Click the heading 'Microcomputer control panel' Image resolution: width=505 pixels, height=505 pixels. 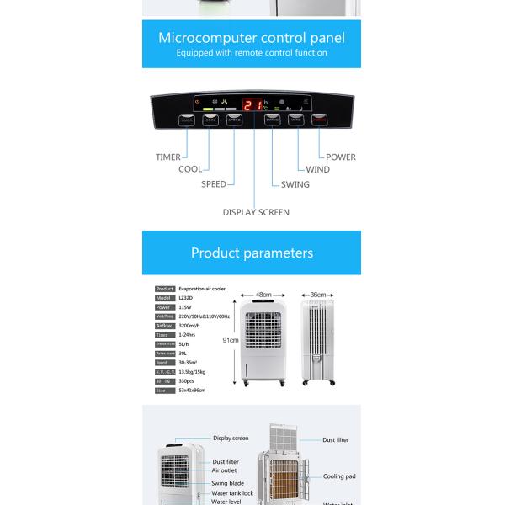tap(252, 37)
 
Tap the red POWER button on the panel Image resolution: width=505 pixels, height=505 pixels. tap(321, 120)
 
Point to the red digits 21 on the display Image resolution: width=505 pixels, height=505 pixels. tap(252, 105)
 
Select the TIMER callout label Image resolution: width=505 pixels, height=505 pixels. tap(167, 157)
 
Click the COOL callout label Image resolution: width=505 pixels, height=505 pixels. tap(190, 169)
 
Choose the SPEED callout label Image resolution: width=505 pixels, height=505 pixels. tap(213, 184)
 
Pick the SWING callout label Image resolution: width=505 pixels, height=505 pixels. tap(295, 184)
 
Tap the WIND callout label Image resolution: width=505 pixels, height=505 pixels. tap(317, 169)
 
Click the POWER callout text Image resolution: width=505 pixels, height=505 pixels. tap(341, 157)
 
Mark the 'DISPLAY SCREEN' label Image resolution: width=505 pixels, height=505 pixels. tap(256, 212)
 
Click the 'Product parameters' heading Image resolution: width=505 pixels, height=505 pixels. tap(252, 252)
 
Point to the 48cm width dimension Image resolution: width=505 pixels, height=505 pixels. tap(263, 295)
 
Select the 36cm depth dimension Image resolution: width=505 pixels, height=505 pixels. tap(318, 295)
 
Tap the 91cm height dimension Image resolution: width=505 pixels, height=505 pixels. tap(230, 340)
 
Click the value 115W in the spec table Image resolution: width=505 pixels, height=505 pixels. tap(185, 307)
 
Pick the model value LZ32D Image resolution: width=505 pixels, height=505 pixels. tap(186, 298)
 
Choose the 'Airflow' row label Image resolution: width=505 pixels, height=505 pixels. tap(164, 326)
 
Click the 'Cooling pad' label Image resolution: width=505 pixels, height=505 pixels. tap(339, 476)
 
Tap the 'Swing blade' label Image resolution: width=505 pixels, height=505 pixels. tap(228, 483)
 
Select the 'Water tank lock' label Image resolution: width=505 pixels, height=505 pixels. tap(232, 493)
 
